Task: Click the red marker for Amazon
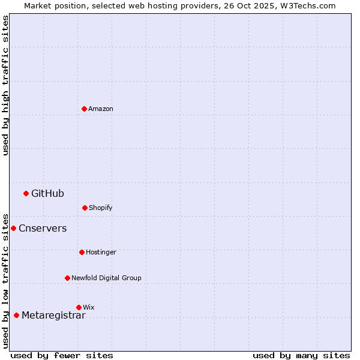[x=84, y=109]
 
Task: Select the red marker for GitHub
[x=26, y=193]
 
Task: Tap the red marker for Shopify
[x=85, y=208]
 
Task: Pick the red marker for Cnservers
[x=13, y=228]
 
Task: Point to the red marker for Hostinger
[x=82, y=252]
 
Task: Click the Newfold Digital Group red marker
[x=67, y=278]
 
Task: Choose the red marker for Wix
[x=79, y=307]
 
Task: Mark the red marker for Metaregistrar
[x=16, y=315]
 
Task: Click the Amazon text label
[x=101, y=109]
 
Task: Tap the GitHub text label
[x=47, y=193]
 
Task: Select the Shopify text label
[x=101, y=208]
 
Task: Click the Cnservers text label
[x=43, y=228]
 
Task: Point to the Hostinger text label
[x=101, y=252]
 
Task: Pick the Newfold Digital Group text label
[x=106, y=278]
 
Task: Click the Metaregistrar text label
[x=53, y=316]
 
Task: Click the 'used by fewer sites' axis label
[x=62, y=355]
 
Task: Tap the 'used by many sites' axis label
[x=301, y=355]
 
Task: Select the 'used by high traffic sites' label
[x=5, y=85]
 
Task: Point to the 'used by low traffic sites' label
[x=5, y=281]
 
